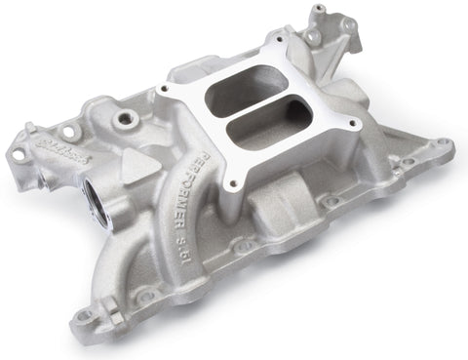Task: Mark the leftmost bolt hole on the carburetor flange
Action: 170,91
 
